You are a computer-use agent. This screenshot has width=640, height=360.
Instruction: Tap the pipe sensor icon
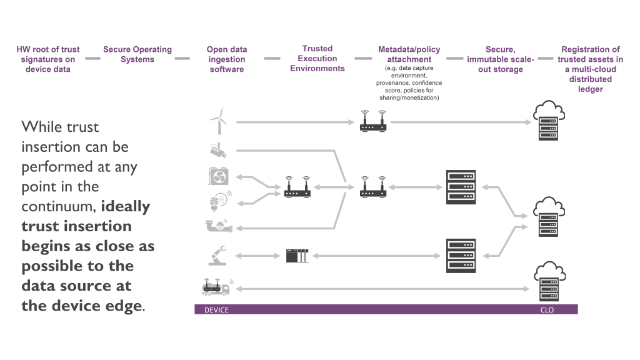tap(217, 226)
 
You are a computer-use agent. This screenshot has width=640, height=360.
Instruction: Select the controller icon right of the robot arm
tap(297, 255)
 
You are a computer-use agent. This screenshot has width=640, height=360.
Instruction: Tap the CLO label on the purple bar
tap(547, 310)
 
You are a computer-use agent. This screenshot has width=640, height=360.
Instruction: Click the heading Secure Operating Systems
tap(137, 54)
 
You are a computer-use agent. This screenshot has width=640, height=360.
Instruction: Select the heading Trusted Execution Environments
tap(317, 58)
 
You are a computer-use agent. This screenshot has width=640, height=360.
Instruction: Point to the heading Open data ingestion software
tap(226, 59)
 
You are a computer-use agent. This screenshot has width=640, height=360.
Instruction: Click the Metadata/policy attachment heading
tap(409, 54)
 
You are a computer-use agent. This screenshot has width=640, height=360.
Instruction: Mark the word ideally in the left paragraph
tap(125, 206)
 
